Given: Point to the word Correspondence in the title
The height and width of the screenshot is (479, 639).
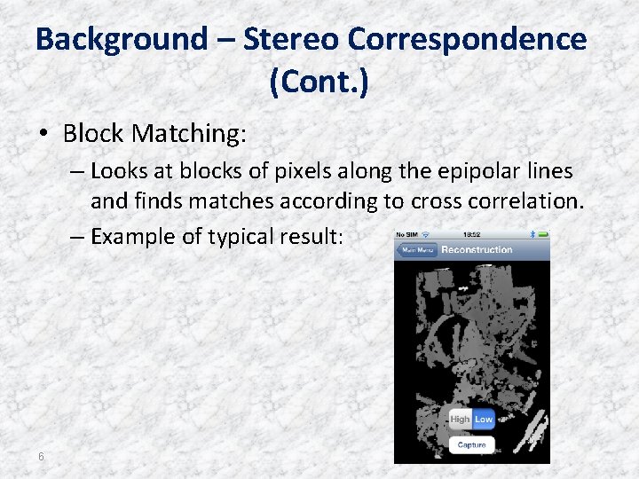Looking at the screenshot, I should (x=467, y=39).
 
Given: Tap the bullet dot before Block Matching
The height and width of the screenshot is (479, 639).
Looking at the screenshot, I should (x=43, y=135).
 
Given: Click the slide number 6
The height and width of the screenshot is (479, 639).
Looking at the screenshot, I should (x=41, y=456).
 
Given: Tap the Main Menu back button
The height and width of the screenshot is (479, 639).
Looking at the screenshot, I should (x=417, y=249).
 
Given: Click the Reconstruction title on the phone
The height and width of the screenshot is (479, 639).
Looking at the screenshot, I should (x=477, y=249).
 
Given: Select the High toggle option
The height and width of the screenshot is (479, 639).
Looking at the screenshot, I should (x=460, y=419).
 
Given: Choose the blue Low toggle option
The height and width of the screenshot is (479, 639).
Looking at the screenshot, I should (x=484, y=419).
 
